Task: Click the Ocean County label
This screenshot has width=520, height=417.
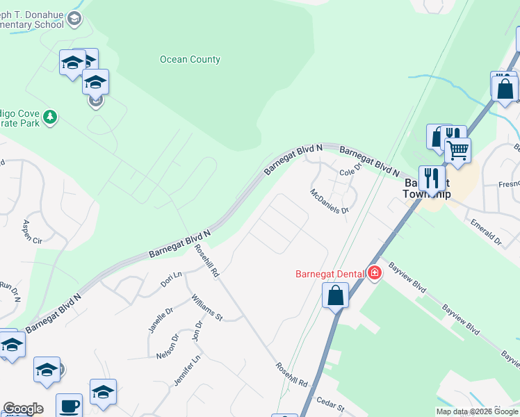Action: (190, 59)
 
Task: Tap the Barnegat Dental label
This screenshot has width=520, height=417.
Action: (330, 274)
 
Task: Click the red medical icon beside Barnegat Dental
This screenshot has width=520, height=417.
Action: (375, 273)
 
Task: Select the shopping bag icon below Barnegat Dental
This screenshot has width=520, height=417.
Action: (335, 295)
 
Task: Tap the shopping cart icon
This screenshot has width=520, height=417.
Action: (457, 149)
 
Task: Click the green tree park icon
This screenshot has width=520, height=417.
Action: (49, 117)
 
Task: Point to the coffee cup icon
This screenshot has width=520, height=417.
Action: (69, 405)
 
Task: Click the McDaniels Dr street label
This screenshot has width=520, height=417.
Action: (329, 201)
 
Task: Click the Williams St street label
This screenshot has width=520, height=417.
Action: (207, 307)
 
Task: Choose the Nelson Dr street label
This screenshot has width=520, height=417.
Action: (168, 347)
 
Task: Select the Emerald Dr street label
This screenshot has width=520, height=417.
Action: (486, 232)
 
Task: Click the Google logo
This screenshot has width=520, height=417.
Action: (23, 409)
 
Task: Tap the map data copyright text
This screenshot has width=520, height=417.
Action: (478, 411)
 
